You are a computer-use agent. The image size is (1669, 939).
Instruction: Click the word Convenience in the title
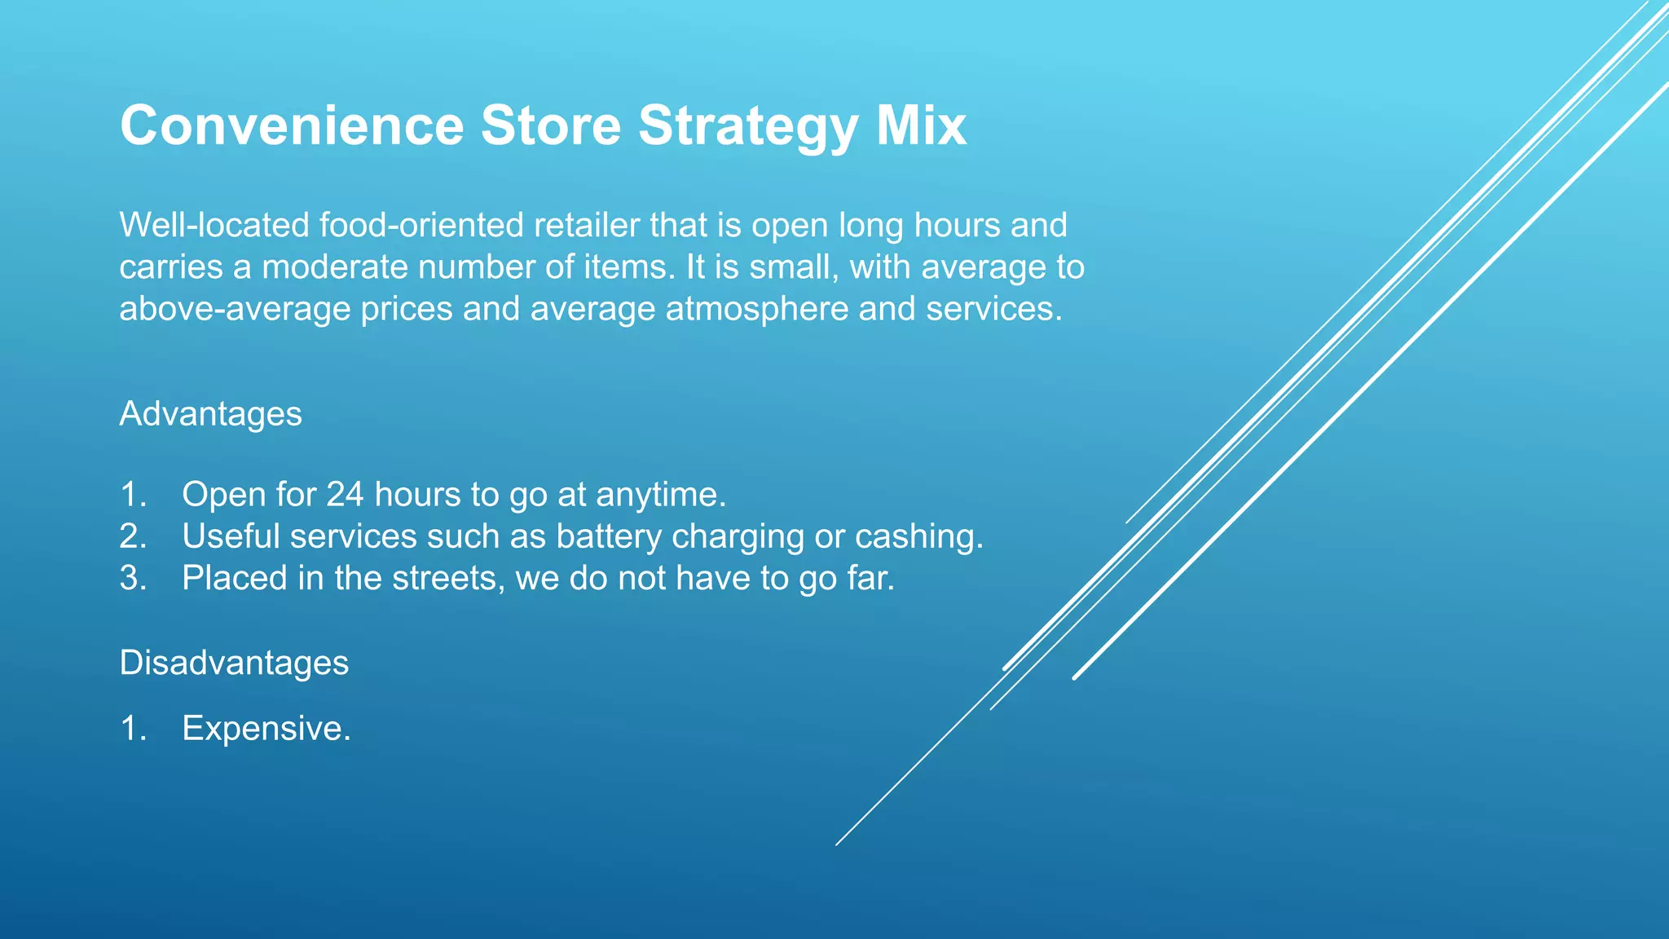pos(291,126)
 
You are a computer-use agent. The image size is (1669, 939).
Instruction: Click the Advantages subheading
pos(210,414)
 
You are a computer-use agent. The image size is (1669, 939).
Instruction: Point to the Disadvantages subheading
pos(234,663)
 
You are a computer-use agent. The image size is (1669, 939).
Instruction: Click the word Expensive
pos(266,728)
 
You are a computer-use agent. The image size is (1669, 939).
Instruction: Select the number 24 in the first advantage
pos(345,495)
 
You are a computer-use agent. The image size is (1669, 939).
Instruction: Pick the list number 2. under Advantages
pos(133,536)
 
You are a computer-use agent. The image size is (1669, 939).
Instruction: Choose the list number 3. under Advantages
pos(133,578)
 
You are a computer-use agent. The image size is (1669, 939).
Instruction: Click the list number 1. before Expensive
pos(133,728)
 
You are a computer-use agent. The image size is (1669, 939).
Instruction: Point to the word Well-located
pos(214,226)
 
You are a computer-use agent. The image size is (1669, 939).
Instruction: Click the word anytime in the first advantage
pos(660,495)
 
